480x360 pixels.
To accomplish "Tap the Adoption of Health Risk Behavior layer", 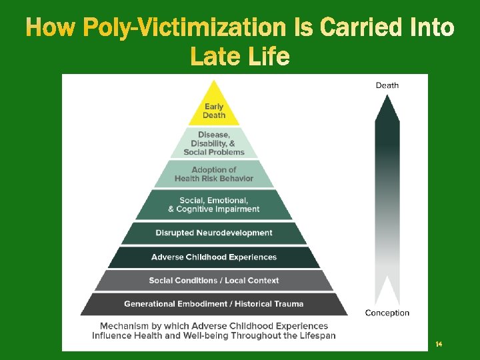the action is pyautogui.click(x=214, y=174).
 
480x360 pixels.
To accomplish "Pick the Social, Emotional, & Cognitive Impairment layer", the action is pyautogui.click(x=214, y=205).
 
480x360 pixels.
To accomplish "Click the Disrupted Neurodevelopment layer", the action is pyautogui.click(x=214, y=233).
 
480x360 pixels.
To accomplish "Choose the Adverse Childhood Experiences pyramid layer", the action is pyautogui.click(x=214, y=257).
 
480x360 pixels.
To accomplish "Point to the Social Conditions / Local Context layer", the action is pyautogui.click(x=214, y=280).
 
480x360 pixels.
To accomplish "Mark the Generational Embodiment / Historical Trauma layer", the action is pyautogui.click(x=214, y=303).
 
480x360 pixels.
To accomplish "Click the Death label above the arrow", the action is pyautogui.click(x=387, y=85).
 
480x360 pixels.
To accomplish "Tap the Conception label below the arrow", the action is pyautogui.click(x=387, y=313).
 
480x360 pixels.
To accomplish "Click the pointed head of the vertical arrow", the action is pyautogui.click(x=387, y=107).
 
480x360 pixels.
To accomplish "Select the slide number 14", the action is pyautogui.click(x=439, y=344).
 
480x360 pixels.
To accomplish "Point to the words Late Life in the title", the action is pyautogui.click(x=240, y=57).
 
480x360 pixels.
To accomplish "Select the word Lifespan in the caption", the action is pyautogui.click(x=316, y=335).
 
